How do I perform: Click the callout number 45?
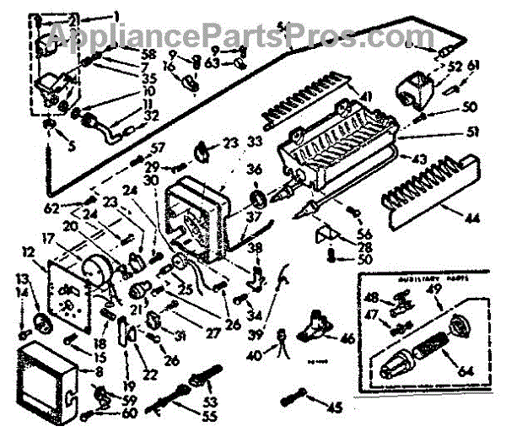(335, 409)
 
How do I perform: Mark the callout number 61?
(473, 66)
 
